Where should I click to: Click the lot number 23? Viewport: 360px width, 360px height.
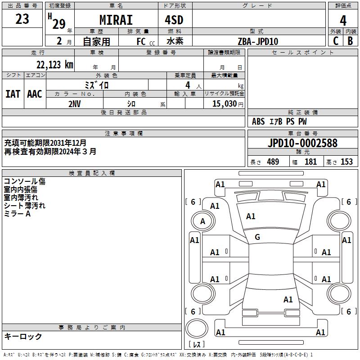click(22, 19)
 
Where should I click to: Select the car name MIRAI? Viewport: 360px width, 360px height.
click(116, 20)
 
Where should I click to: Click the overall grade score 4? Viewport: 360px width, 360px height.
click(343, 20)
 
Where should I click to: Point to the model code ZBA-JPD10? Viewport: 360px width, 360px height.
click(258, 41)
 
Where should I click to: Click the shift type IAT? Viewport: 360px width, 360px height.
click(13, 94)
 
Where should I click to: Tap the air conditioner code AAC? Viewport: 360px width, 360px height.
click(35, 94)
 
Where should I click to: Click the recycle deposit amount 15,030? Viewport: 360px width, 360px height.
click(225, 103)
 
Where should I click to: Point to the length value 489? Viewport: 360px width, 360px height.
click(273, 162)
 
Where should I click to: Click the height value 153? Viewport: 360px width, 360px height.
click(346, 162)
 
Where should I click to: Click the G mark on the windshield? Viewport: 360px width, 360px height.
click(257, 237)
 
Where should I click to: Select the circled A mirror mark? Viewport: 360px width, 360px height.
click(202, 221)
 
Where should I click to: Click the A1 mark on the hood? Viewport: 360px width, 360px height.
click(251, 216)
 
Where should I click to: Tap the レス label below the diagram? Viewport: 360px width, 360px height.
click(198, 344)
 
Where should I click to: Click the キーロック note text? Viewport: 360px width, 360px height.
click(23, 337)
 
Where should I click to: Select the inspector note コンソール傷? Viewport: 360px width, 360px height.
click(25, 182)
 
